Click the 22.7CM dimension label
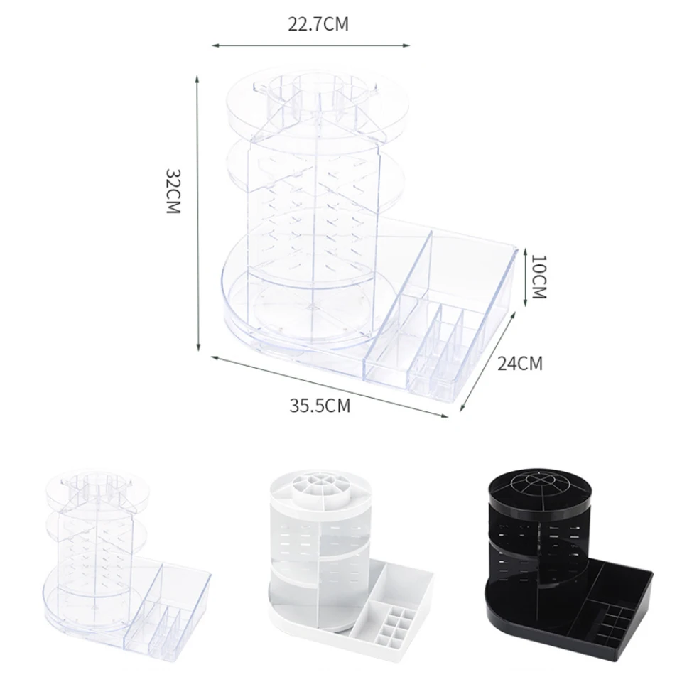coord(318,24)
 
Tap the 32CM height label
coord(173,191)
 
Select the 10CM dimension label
coord(538,277)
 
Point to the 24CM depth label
coord(520,363)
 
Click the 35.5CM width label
coord(320,406)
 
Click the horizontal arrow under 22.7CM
coord(311,45)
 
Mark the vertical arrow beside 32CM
coord(197,213)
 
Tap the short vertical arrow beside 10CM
coord(526,276)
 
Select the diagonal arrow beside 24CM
coord(488,362)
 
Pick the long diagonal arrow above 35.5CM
coord(330,386)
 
